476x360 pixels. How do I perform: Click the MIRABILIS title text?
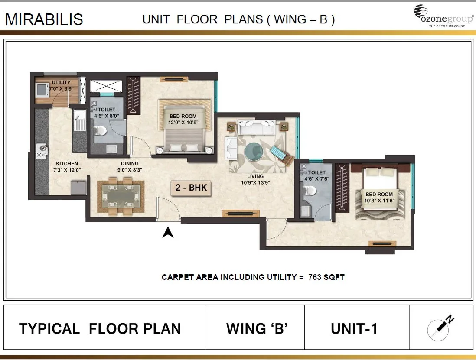pyautogui.click(x=44, y=19)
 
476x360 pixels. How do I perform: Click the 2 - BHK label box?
pyautogui.click(x=191, y=188)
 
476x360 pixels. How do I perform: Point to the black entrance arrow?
pyautogui.click(x=168, y=233)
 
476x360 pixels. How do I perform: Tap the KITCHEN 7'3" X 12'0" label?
pyautogui.click(x=67, y=167)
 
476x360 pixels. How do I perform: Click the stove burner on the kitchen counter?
pyautogui.click(x=42, y=150)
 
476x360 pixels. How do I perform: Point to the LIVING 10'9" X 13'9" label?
pyautogui.click(x=255, y=179)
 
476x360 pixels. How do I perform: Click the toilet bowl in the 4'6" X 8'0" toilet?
pyautogui.click(x=99, y=130)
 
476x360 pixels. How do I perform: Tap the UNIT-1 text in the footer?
pyautogui.click(x=354, y=329)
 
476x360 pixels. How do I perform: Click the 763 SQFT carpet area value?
pyautogui.click(x=326, y=277)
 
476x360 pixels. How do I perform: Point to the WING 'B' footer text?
pyautogui.click(x=257, y=329)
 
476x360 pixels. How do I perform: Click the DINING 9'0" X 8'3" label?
pyautogui.click(x=130, y=167)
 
